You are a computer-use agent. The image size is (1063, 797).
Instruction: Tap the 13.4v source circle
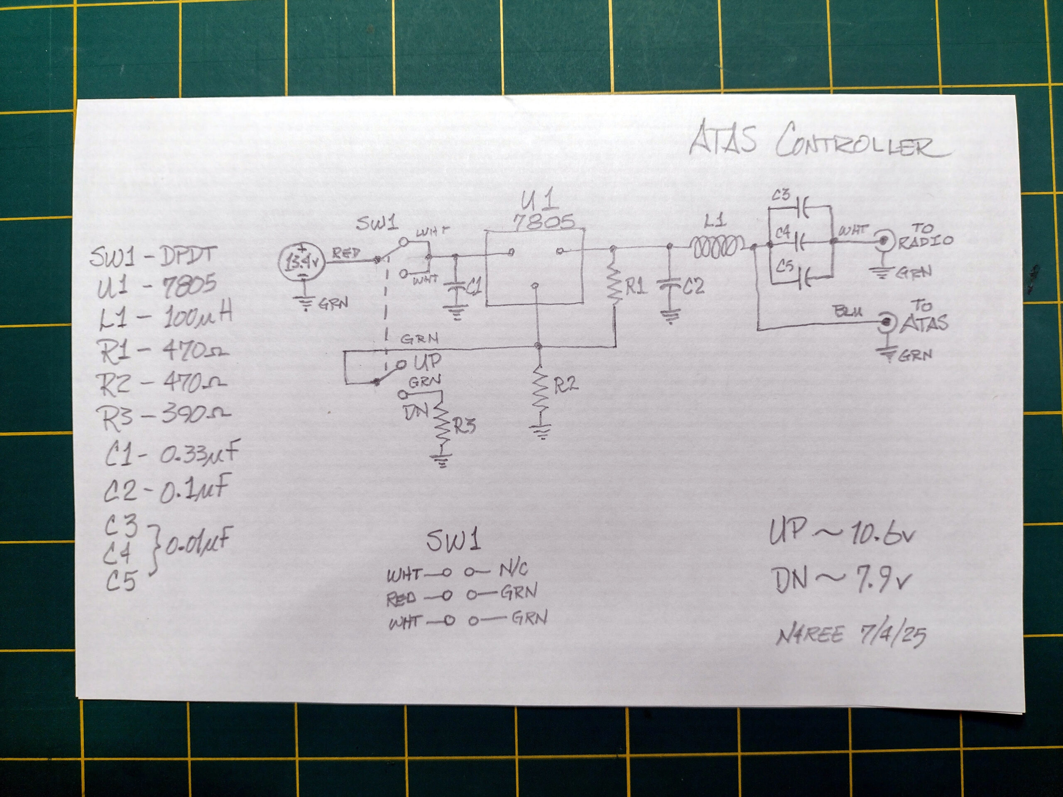coord(301,262)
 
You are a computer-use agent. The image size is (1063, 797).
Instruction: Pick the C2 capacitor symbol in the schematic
coord(669,286)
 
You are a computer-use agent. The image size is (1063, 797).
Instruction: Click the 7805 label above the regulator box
coord(544,222)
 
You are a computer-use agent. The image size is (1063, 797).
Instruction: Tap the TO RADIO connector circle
coord(883,240)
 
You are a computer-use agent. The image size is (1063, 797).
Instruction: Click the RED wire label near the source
coord(346,253)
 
